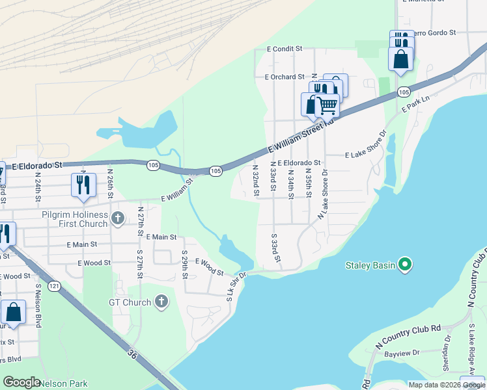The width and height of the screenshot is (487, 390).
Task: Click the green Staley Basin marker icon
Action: [x=405, y=265]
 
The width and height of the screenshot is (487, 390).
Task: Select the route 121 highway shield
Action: [x=54, y=286]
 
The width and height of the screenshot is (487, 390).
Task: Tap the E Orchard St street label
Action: [x=285, y=77]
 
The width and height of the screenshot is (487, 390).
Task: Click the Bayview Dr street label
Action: [x=399, y=354]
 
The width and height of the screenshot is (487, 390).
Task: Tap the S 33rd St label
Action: [x=276, y=248]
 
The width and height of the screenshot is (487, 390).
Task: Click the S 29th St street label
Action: [x=185, y=265]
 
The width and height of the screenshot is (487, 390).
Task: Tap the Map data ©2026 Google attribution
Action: [x=447, y=385]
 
